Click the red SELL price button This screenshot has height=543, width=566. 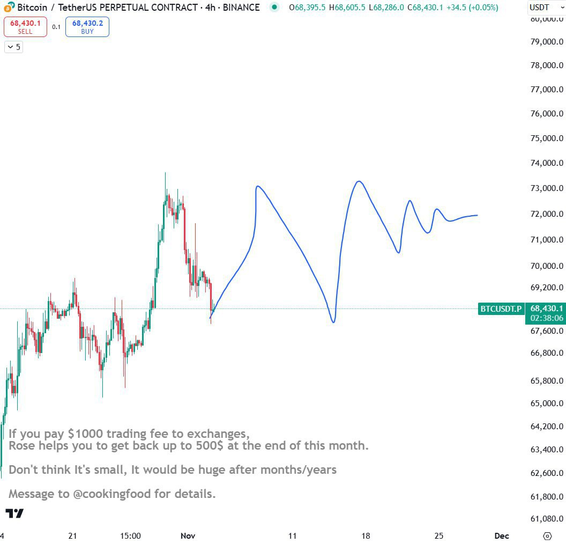25,27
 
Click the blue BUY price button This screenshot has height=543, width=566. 87,27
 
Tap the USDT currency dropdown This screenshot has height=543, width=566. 546,8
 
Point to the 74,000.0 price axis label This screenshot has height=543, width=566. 547,163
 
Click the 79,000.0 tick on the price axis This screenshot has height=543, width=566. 547,42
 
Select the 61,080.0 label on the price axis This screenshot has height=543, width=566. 547,519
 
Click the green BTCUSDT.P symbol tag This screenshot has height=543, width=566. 501,309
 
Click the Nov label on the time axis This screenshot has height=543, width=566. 188,535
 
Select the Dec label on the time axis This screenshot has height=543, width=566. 502,535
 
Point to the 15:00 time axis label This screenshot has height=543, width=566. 130,535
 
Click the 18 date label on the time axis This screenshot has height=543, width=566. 366,535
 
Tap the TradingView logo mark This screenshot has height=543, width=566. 14,513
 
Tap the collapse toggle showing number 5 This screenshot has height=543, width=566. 13,47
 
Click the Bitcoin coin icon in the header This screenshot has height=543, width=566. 10,8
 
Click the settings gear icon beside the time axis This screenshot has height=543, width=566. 547,535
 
